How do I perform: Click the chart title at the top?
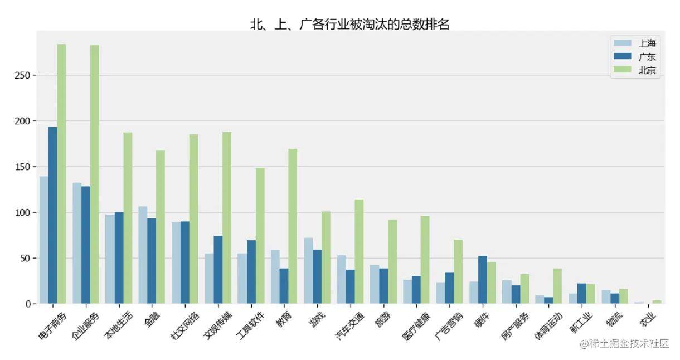coord(349,24)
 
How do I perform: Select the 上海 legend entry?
coord(647,43)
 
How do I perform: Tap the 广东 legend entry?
coord(647,57)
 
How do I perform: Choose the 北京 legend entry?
coord(647,71)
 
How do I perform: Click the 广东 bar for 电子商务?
coord(52,215)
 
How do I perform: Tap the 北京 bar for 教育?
coord(293,226)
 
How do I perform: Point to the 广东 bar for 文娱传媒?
coord(218,270)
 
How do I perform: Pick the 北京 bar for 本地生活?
coord(128,218)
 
